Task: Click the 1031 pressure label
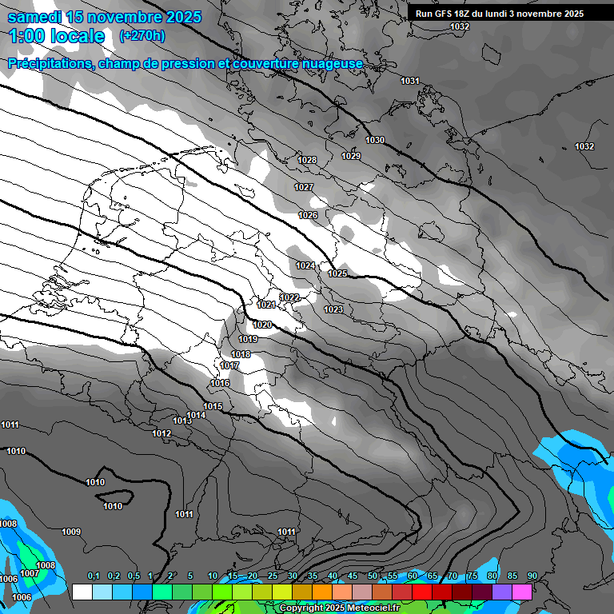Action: click(410, 81)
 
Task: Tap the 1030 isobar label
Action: click(375, 141)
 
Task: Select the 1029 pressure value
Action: click(351, 156)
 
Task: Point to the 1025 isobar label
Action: click(337, 273)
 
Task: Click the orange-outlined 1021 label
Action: click(266, 305)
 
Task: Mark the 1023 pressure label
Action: click(333, 309)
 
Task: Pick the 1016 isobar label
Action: click(221, 384)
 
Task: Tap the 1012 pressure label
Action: click(161, 433)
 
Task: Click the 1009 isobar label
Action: click(71, 532)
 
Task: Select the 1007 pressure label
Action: click(30, 573)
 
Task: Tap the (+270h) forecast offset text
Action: click(142, 35)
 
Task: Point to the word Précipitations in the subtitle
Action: click(49, 64)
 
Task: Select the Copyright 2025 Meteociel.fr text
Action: click(340, 608)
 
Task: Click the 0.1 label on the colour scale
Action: click(94, 576)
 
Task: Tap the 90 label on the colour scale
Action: click(532, 576)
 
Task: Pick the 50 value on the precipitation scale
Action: click(373, 576)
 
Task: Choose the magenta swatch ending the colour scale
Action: click(522, 592)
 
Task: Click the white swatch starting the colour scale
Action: click(82, 592)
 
